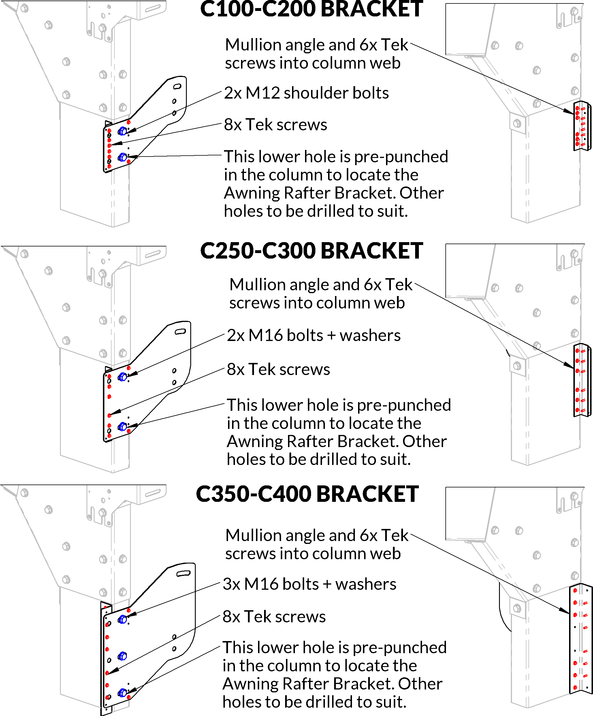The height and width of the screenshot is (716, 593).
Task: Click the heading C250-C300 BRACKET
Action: pos(311,251)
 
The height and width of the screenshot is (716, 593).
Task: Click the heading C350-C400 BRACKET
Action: pos(307,494)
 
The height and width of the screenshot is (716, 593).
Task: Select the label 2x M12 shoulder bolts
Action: pos(306,93)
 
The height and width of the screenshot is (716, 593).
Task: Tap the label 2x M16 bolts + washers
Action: pos(314,335)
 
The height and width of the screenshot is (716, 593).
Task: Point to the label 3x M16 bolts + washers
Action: pos(309,584)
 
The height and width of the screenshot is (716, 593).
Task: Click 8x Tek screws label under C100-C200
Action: pos(275,125)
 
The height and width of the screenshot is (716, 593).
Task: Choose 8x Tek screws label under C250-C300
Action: pos(278,369)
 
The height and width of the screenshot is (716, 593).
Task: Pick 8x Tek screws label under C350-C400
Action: pos(274,617)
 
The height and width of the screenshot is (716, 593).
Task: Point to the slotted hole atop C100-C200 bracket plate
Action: pos(177,86)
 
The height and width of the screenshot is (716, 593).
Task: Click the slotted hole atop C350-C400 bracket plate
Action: pos(183,574)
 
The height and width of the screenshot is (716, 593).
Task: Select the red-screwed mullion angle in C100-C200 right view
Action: pos(582,126)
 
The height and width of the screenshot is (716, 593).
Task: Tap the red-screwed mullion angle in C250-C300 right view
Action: pos(582,380)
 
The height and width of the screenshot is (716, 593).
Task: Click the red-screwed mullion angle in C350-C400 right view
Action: pos(580,640)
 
